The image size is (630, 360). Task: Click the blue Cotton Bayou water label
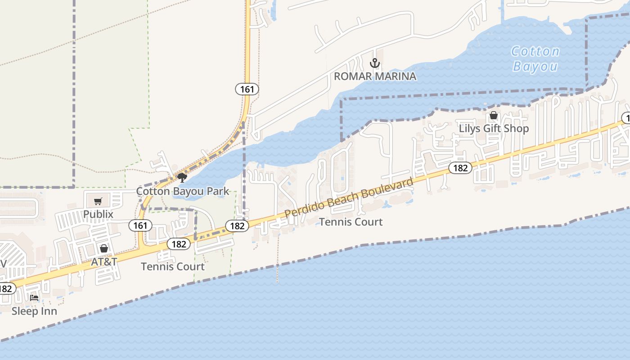(x=535, y=59)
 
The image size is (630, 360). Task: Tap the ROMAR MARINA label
(x=375, y=76)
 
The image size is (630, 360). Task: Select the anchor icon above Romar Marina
(x=375, y=63)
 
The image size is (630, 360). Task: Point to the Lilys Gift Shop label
(x=494, y=129)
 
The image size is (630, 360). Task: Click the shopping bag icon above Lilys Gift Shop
(x=494, y=116)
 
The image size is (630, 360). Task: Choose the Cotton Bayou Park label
(x=183, y=191)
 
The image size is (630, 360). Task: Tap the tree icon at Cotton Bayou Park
(x=182, y=178)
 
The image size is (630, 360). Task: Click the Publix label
(x=98, y=214)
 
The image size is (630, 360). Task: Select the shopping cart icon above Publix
(x=98, y=201)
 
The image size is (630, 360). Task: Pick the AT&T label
(x=104, y=261)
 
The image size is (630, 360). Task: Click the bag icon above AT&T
(x=104, y=248)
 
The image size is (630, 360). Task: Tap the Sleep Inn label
(x=34, y=311)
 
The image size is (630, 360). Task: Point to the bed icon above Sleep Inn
(x=34, y=298)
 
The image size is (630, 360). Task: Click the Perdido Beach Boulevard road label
(x=349, y=198)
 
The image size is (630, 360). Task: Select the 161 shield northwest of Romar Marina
(x=247, y=89)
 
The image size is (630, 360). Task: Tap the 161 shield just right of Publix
(x=140, y=225)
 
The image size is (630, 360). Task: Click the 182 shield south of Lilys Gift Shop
(x=460, y=168)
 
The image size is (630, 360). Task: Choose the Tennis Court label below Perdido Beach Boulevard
(x=351, y=222)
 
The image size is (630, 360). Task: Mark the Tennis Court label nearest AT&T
(x=173, y=266)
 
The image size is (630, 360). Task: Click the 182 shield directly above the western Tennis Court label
(x=179, y=244)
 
